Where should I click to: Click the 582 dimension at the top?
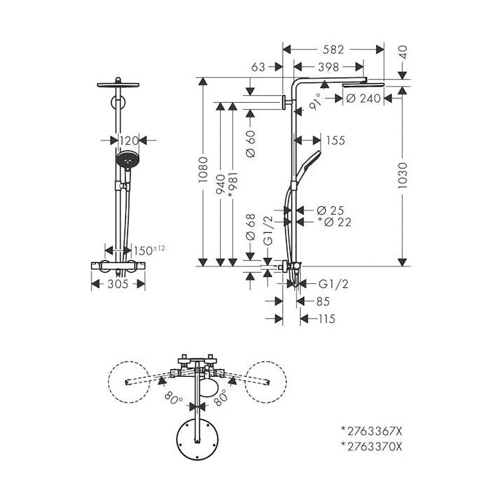[x=334, y=50]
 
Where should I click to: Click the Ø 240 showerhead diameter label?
[x=364, y=99]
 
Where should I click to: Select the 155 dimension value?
[x=335, y=141]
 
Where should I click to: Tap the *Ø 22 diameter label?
[x=334, y=222]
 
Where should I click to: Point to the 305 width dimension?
[x=119, y=284]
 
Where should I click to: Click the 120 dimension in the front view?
[x=129, y=141]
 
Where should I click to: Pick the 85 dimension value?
[x=322, y=302]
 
